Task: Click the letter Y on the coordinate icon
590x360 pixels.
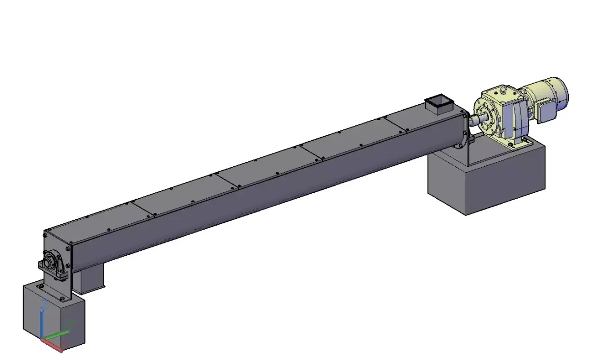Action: (71, 324)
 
